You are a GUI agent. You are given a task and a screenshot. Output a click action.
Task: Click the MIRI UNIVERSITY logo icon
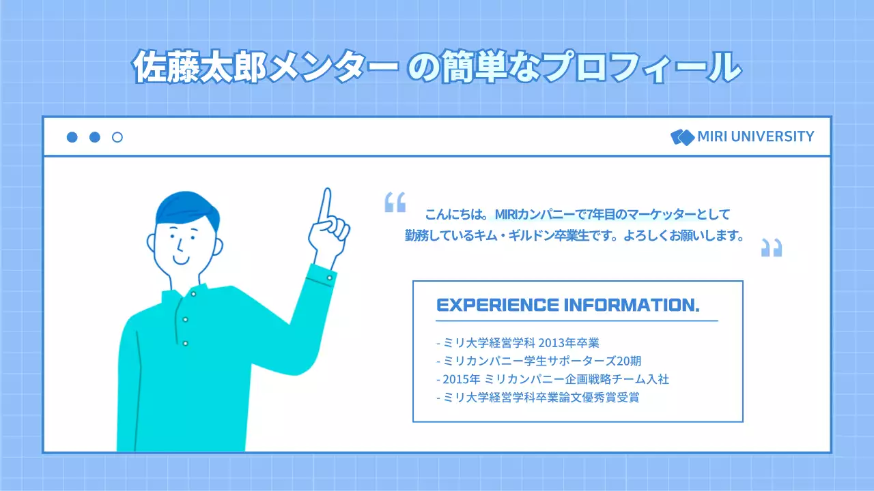click(x=682, y=137)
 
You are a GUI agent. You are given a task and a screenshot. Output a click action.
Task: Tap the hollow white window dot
click(x=117, y=137)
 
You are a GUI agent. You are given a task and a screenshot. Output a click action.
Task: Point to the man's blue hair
click(x=188, y=208)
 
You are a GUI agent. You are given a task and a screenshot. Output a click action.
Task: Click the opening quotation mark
click(x=395, y=203)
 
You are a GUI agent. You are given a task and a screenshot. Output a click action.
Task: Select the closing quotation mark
click(x=771, y=248)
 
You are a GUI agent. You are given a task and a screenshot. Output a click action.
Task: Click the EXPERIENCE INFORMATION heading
click(x=567, y=305)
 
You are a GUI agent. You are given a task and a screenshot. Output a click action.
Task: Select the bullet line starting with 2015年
click(x=552, y=379)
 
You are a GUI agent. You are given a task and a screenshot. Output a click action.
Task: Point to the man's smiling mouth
click(x=180, y=260)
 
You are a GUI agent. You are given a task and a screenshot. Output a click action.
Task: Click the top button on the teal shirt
click(x=193, y=294)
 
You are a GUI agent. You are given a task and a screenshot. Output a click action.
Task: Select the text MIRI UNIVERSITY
click(x=755, y=137)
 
